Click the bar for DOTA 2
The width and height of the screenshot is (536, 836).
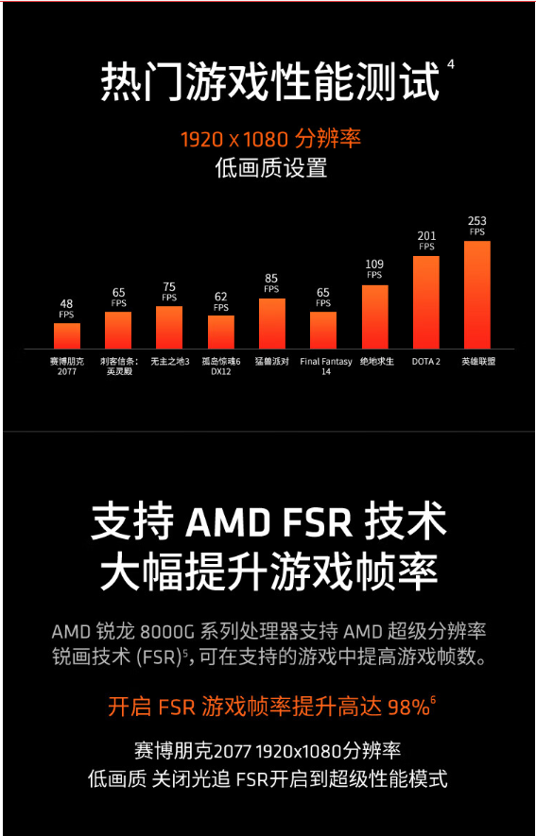425,302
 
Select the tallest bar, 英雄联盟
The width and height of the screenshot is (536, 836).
476,295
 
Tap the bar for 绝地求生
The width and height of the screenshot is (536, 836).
375,317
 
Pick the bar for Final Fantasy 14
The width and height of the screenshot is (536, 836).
323,331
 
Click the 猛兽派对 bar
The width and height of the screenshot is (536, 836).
272,324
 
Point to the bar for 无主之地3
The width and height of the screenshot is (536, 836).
169,328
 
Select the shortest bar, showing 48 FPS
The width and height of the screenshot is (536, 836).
67,336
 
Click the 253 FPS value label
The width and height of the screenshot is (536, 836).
476,226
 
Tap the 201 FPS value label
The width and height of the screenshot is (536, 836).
426,241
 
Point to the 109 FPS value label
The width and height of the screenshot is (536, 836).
374,269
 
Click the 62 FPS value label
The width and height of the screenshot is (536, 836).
221,301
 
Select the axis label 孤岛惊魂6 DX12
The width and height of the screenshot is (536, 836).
221,367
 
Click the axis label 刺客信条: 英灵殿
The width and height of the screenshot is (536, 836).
118,367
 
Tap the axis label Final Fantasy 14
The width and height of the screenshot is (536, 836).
326,367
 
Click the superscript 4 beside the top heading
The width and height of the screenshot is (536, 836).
451,65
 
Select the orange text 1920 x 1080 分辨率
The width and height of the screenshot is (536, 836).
271,140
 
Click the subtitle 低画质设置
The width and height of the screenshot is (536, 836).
271,168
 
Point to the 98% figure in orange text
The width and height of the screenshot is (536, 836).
408,708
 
